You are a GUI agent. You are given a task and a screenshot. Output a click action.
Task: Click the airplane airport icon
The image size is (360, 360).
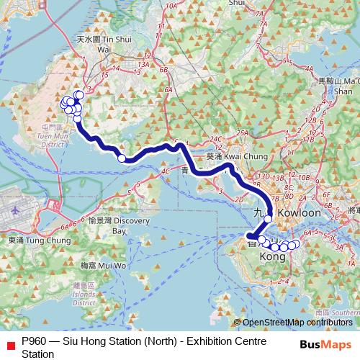[x=17, y=210]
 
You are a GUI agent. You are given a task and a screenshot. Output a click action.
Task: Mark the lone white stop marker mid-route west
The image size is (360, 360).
[x=122, y=158]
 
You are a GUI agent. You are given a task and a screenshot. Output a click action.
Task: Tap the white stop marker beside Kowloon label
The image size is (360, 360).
[x=268, y=218]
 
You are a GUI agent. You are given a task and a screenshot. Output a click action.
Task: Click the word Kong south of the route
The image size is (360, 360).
[x=271, y=257]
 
